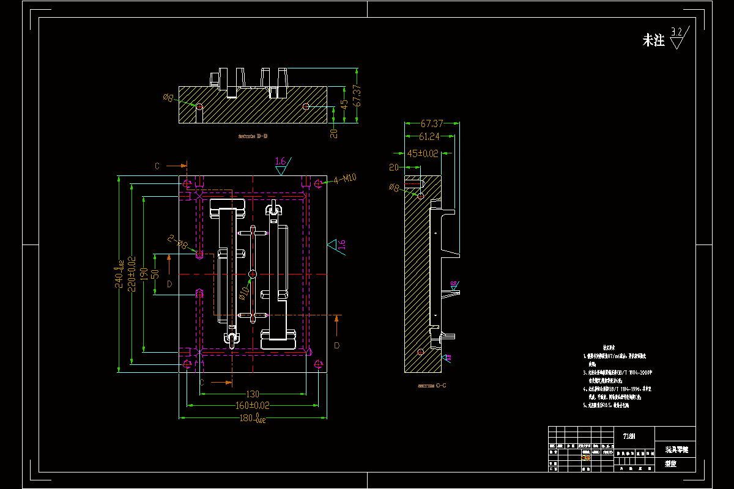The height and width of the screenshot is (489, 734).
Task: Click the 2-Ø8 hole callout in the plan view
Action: tap(178, 244)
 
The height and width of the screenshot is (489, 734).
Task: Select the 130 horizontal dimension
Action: tap(252, 394)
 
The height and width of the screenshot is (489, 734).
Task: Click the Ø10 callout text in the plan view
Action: tap(244, 293)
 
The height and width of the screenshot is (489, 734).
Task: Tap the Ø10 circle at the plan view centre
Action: tap(253, 273)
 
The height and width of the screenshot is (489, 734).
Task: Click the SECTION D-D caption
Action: tap(253, 136)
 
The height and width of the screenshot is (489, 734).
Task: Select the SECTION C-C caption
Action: tap(432, 386)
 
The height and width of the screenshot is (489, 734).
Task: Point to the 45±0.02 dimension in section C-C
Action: tap(423, 153)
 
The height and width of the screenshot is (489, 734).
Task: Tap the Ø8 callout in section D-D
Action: tap(168, 97)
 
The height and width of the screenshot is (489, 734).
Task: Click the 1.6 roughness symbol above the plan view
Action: tap(281, 166)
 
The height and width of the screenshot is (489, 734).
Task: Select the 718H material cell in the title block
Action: tap(628, 436)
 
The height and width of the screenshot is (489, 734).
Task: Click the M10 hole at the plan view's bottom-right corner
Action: tap(318, 364)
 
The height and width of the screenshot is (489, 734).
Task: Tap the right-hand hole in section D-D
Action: tap(306, 106)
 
